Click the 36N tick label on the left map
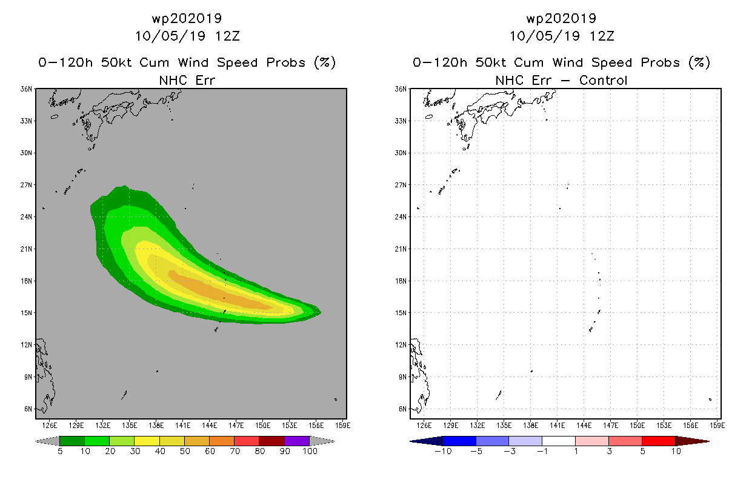[26, 89]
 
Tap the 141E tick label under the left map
[182, 426]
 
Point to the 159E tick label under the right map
[717, 426]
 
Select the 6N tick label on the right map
[402, 409]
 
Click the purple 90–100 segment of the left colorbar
[297, 441]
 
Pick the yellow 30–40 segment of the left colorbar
[147, 441]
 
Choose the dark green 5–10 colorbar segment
[72, 441]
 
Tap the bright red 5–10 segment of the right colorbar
[659, 441]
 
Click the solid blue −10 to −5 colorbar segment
[459, 441]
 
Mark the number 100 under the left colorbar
[310, 451]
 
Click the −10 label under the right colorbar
[443, 451]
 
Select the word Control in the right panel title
[603, 80]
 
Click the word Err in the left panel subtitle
[205, 80]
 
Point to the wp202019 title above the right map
[561, 18]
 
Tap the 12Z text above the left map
[228, 36]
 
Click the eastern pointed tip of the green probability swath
[321, 312]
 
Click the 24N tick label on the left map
[26, 217]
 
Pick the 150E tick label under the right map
[637, 426]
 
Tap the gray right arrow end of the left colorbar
[322, 441]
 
